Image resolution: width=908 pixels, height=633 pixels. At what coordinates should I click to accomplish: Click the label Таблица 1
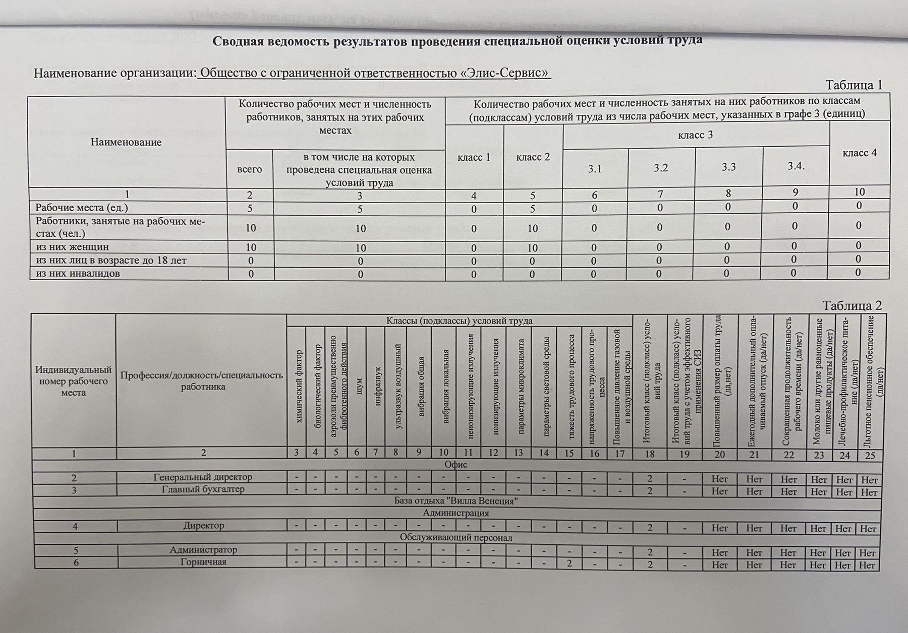[853, 85]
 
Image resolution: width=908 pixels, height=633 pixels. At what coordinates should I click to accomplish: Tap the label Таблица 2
[852, 305]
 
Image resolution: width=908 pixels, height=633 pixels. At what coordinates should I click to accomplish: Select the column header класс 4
[860, 153]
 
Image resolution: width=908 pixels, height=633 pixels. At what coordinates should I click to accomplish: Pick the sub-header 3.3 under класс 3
[728, 167]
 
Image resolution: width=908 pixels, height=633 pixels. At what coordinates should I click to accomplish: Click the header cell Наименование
[126, 142]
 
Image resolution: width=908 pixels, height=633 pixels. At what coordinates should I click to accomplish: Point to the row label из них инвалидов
[78, 274]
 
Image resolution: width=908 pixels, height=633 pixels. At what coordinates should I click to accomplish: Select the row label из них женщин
[73, 247]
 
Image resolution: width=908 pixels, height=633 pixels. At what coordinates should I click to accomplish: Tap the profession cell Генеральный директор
[203, 477]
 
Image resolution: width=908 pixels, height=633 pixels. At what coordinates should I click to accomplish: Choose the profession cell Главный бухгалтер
[203, 489]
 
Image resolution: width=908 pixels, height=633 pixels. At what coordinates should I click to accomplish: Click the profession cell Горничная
[203, 562]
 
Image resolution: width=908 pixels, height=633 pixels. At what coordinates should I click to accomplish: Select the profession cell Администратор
[203, 550]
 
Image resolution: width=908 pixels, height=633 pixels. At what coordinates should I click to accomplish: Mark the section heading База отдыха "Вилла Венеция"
[456, 501]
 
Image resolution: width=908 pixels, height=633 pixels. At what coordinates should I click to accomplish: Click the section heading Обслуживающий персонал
[456, 537]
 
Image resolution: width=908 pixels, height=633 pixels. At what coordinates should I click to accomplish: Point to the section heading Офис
[456, 464]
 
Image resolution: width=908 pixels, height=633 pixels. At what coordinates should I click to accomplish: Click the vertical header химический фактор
[298, 386]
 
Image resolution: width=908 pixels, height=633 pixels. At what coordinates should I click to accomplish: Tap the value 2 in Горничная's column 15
[569, 563]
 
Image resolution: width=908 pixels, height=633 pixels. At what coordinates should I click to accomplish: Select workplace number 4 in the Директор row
[75, 526]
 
